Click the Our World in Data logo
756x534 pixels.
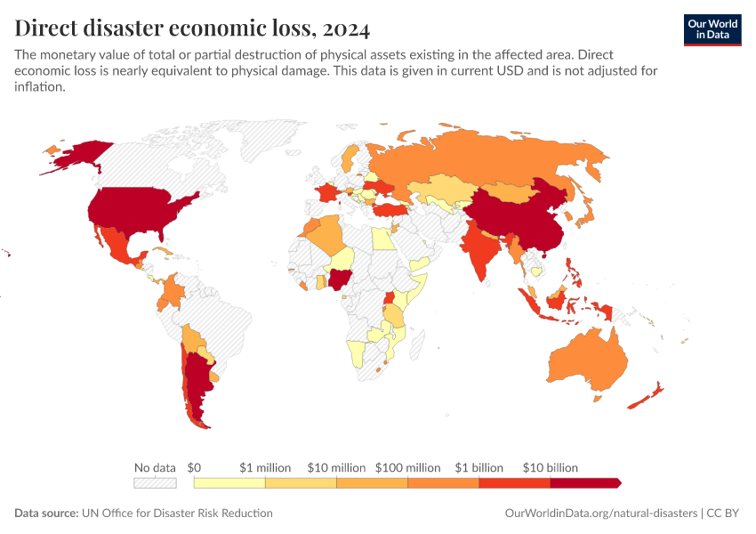tap(712, 29)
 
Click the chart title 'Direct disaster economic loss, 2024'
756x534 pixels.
tap(192, 28)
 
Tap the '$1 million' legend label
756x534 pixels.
tap(265, 467)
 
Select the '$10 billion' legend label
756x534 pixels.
tap(550, 467)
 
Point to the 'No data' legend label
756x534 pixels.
tap(155, 467)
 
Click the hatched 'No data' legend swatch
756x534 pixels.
tap(155, 482)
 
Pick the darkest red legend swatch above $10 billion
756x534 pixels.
tap(584, 482)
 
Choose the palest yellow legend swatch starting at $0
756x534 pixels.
tap(229, 482)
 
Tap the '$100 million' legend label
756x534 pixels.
tap(407, 467)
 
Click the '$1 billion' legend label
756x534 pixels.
tap(479, 467)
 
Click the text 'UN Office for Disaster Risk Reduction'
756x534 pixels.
tap(177, 514)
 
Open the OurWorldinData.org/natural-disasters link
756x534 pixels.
tap(600, 514)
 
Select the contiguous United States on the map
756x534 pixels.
tap(138, 209)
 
